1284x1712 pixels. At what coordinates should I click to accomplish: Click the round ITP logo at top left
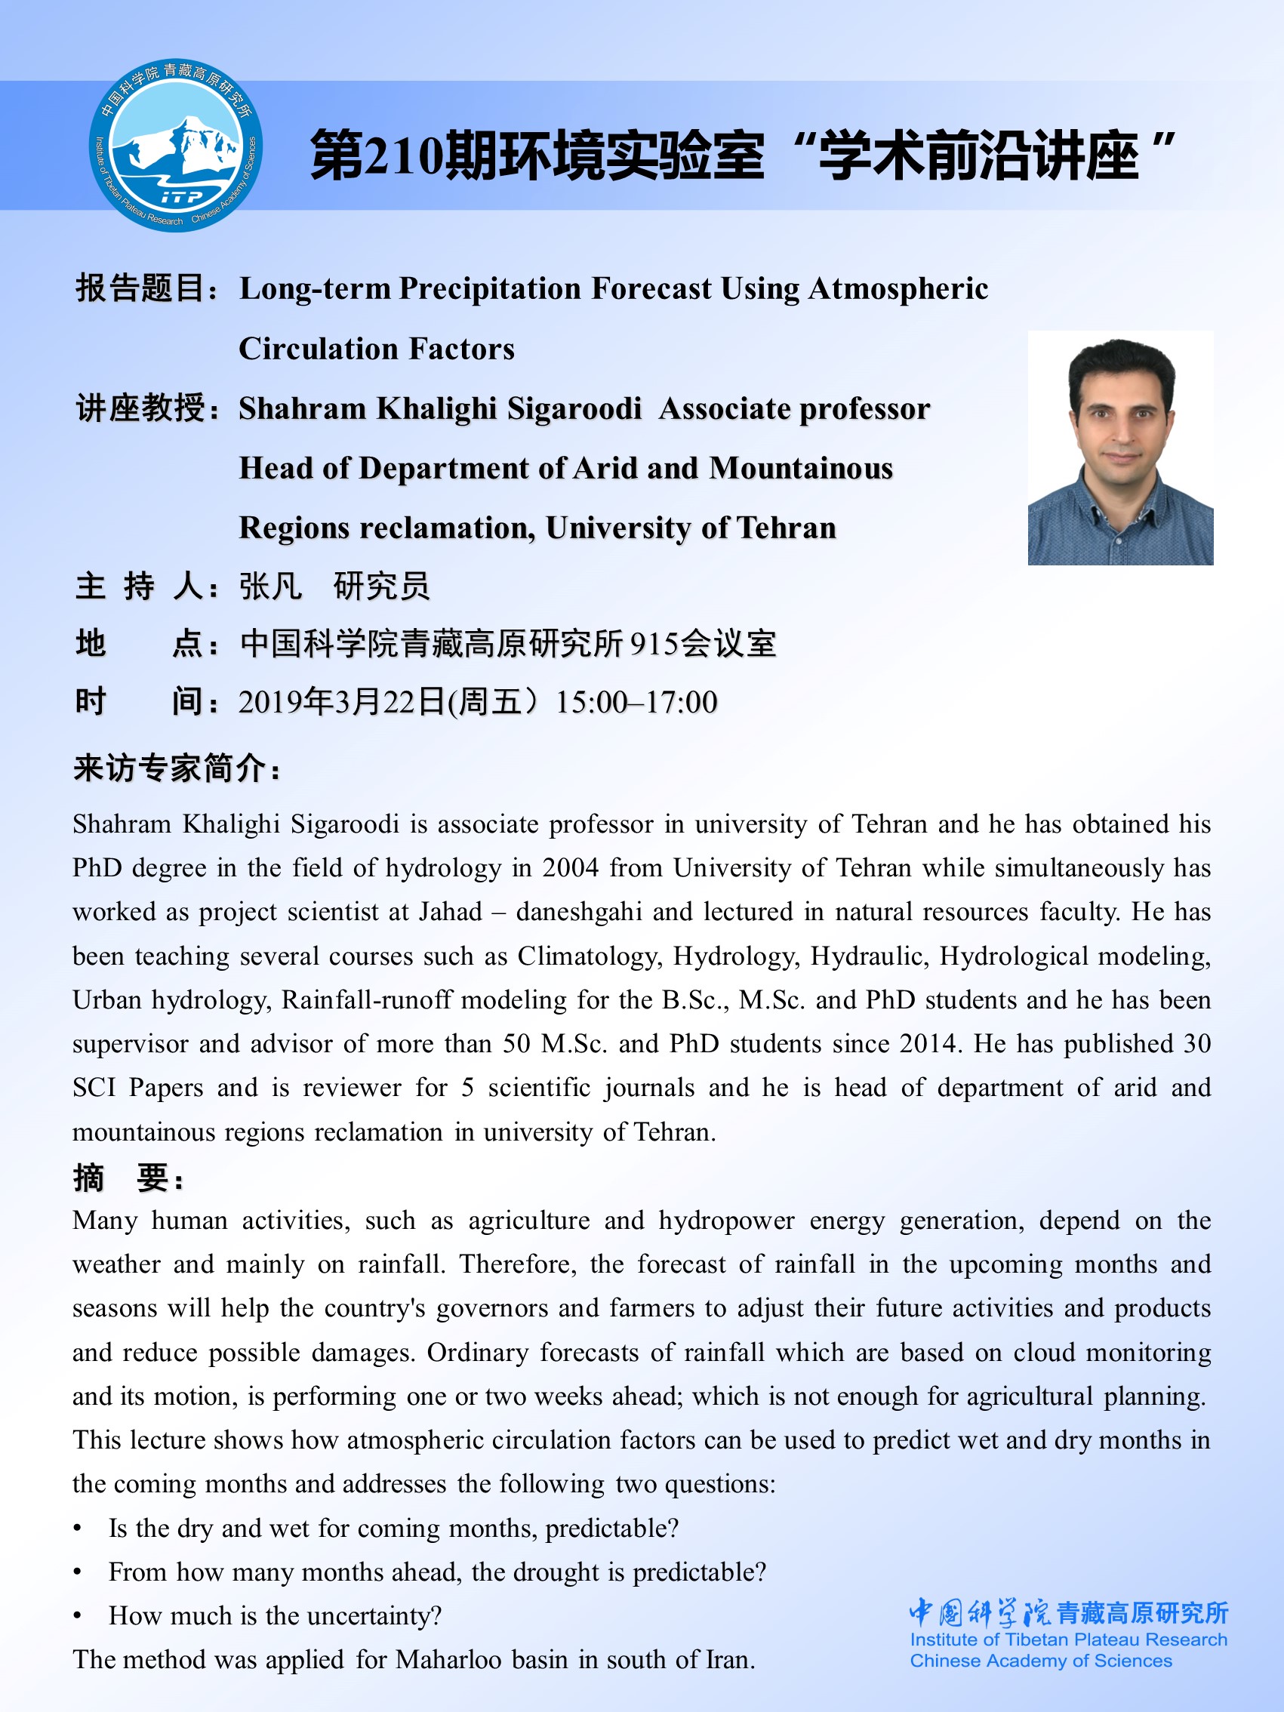(x=176, y=145)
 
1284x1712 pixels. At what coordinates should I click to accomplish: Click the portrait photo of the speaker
(x=1120, y=448)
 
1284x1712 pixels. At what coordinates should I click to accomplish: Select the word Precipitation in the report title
(x=490, y=288)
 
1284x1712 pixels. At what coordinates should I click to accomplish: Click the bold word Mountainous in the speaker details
(x=801, y=468)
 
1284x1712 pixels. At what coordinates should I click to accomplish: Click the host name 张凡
(x=270, y=587)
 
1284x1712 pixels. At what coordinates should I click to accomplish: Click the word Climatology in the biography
(x=590, y=956)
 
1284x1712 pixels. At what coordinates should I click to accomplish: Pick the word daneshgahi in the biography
(x=579, y=913)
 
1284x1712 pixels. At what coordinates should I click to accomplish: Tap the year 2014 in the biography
(x=929, y=1044)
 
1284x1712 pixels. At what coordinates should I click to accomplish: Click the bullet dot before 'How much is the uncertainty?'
(x=78, y=1617)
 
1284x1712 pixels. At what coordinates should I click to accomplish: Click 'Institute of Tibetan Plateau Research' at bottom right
(x=1068, y=1640)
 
